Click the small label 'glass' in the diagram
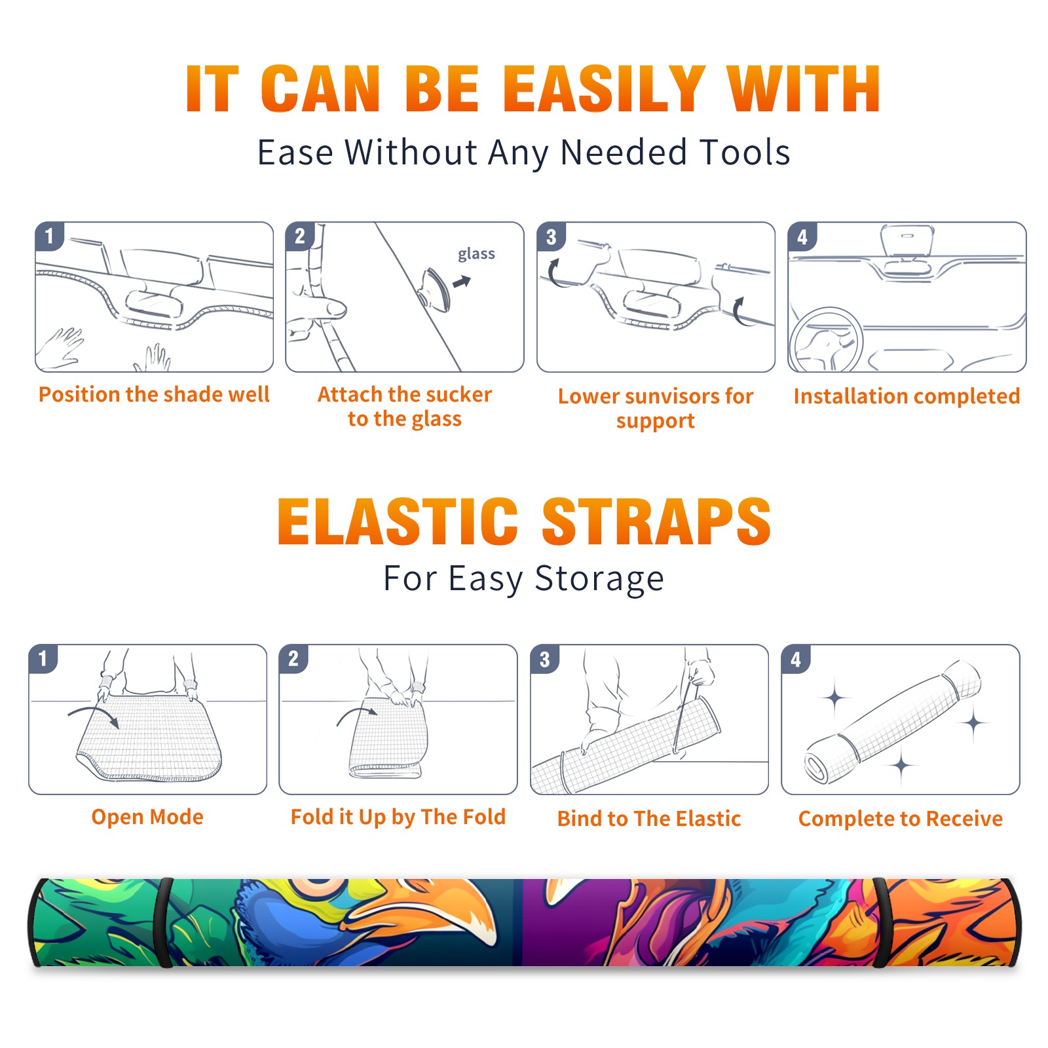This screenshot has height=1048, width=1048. [x=476, y=254]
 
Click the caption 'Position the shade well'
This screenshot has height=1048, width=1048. [x=154, y=394]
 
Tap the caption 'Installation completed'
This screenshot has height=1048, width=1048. [x=907, y=396]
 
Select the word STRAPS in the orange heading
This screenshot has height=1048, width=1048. [x=656, y=522]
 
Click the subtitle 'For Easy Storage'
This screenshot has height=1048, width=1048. [x=523, y=579]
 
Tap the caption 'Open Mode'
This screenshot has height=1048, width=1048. [x=147, y=817]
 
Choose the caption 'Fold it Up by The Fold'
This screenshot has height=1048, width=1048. [x=398, y=817]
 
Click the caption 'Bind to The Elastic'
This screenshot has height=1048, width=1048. [x=649, y=819]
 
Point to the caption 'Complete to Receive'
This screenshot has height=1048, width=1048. [x=901, y=819]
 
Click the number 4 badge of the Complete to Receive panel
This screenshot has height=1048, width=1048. [x=796, y=659]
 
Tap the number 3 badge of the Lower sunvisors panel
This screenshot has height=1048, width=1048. [x=551, y=236]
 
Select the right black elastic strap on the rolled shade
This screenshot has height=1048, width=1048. [x=882, y=922]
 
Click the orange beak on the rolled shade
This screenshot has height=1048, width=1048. [x=432, y=904]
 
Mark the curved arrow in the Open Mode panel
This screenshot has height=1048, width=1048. [x=94, y=713]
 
